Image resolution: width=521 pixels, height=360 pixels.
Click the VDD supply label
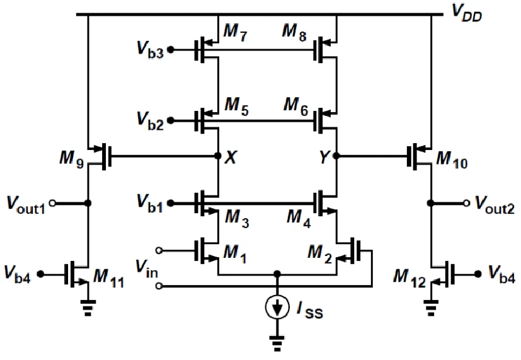coord(467,14)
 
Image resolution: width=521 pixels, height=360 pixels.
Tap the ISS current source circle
coord(277,307)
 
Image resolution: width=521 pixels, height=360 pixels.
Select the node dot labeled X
coord(218,156)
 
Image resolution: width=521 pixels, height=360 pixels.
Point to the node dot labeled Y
coord(336,156)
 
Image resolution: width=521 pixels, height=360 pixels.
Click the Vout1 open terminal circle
coord(52,203)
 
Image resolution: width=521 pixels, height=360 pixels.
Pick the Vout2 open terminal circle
coord(467,203)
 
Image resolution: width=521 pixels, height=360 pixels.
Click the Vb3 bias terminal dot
coord(171,50)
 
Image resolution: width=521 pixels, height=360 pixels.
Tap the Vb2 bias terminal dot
coord(171,120)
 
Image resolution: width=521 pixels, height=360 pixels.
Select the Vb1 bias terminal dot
coord(171,203)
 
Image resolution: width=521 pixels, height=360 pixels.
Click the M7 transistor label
coord(235,33)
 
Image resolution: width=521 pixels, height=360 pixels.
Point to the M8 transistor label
coord(294,33)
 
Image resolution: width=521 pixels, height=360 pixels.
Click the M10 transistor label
coord(452,160)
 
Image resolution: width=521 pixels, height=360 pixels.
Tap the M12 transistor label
coord(409,279)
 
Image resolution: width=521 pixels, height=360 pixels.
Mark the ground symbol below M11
coord(88,308)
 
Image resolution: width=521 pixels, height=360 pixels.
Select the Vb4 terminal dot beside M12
coord(478,274)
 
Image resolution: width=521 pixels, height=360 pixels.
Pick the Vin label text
coord(147,268)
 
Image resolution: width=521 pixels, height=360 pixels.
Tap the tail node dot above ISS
coord(277,274)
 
